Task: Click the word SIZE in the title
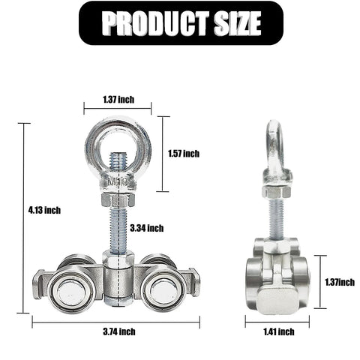point(233,23)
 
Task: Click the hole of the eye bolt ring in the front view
point(118,145)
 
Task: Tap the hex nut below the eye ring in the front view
point(117,200)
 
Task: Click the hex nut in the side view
point(276,191)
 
